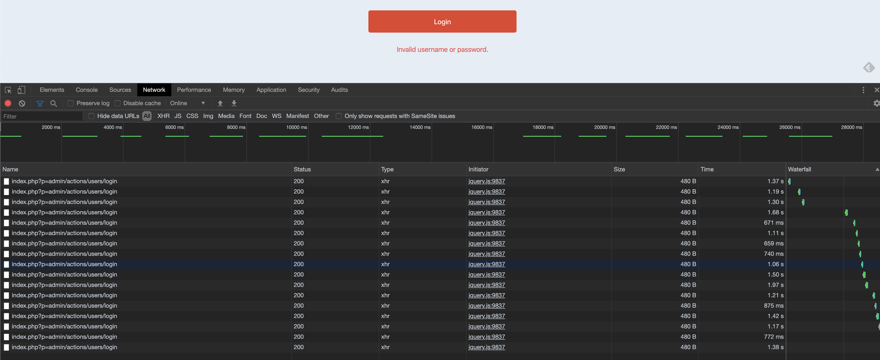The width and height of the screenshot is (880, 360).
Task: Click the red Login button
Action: (x=442, y=21)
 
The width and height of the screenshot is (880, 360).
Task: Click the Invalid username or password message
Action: (x=442, y=50)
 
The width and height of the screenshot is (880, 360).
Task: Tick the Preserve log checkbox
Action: (x=71, y=103)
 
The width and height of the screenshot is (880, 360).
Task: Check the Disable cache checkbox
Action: (x=118, y=103)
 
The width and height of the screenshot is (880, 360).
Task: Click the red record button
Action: (x=8, y=103)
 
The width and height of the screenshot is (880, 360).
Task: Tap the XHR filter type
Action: (x=163, y=116)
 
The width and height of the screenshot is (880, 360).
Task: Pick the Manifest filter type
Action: (x=297, y=116)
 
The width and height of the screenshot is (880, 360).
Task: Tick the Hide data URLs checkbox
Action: (x=91, y=116)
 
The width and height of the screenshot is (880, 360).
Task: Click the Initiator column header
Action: (x=478, y=169)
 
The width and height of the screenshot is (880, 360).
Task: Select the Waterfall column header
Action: (x=799, y=169)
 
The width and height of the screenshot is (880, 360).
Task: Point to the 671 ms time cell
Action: (x=773, y=223)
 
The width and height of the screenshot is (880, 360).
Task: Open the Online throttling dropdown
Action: (x=188, y=103)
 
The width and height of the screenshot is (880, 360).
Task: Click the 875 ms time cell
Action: (x=773, y=306)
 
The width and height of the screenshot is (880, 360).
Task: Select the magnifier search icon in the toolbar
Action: (x=54, y=103)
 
